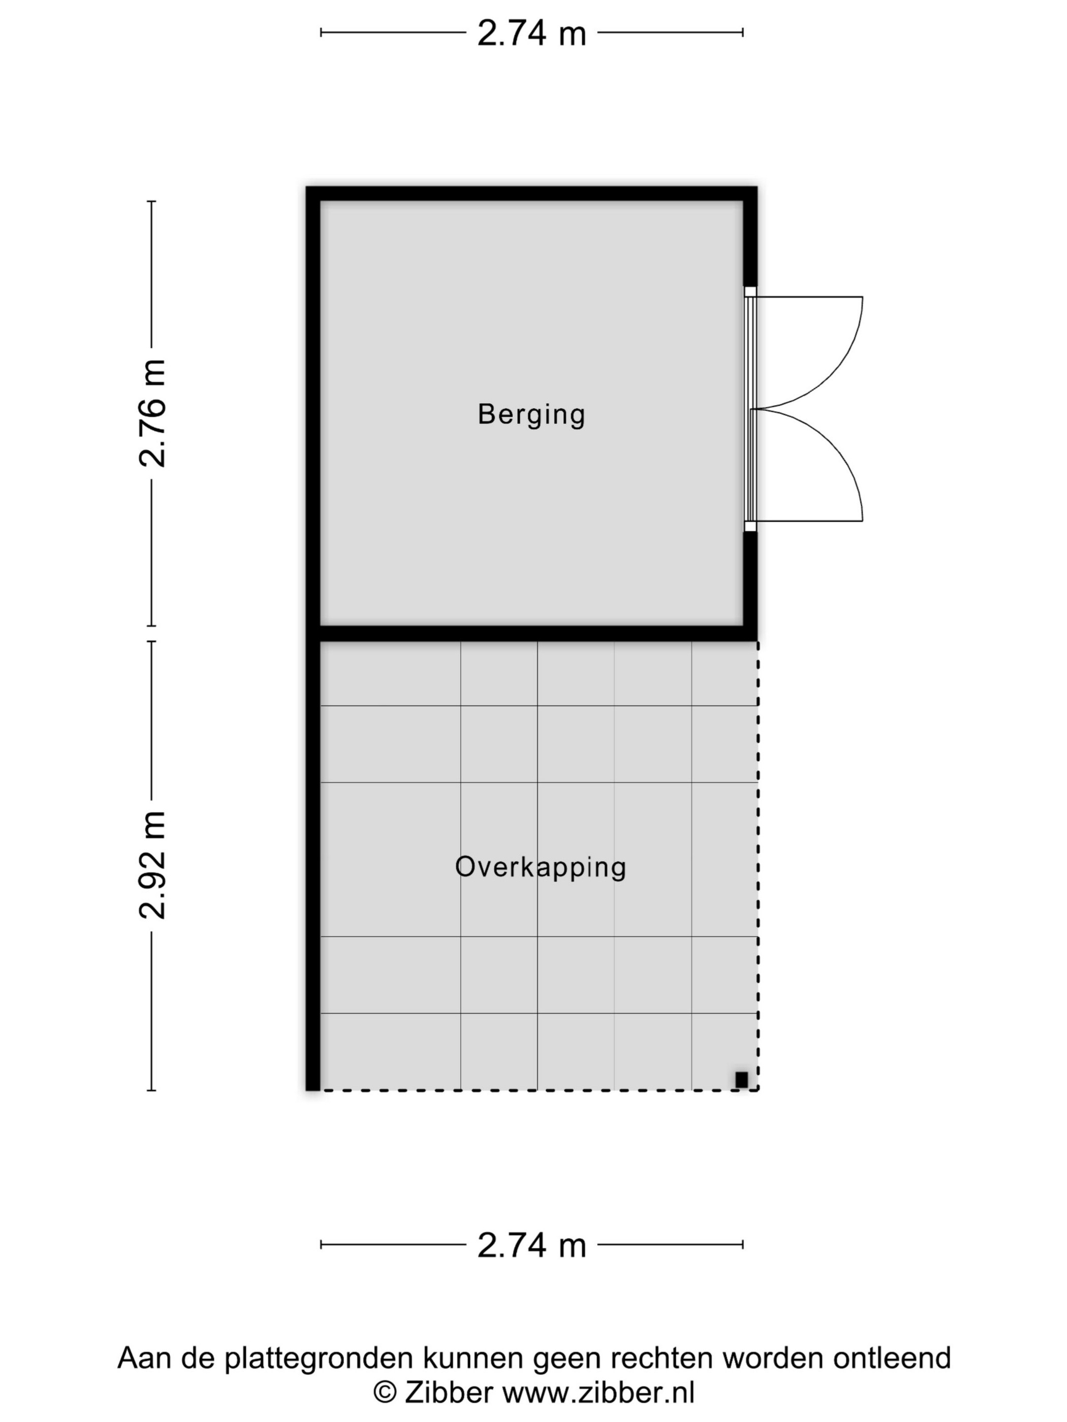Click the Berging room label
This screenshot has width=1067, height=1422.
[531, 414]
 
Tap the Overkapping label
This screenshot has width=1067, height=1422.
[540, 867]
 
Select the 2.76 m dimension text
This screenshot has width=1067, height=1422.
[153, 413]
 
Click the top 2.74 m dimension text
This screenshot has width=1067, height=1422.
[532, 34]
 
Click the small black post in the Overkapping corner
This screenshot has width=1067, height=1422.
[741, 1080]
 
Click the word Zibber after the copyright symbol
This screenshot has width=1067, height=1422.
[448, 1393]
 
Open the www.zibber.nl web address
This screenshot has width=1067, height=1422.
[598, 1393]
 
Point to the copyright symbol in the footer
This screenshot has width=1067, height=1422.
[385, 1393]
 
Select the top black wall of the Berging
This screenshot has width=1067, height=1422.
[531, 193]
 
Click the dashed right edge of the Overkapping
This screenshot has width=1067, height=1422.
[757, 865]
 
